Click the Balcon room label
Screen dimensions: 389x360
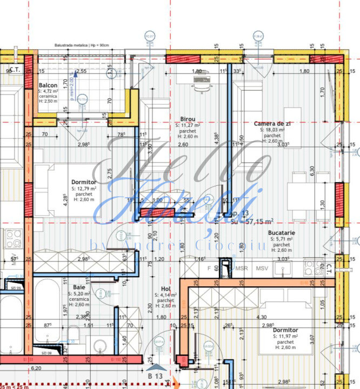coord(48,86)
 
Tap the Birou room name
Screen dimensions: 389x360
coord(188,119)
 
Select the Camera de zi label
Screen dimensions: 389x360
coord(273,124)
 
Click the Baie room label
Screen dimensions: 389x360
coord(79,287)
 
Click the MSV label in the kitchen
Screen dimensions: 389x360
coord(262,268)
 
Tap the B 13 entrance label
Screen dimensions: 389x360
coord(155,375)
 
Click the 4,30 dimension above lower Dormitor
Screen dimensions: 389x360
coord(261,317)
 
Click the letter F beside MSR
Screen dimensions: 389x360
coord(209,268)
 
